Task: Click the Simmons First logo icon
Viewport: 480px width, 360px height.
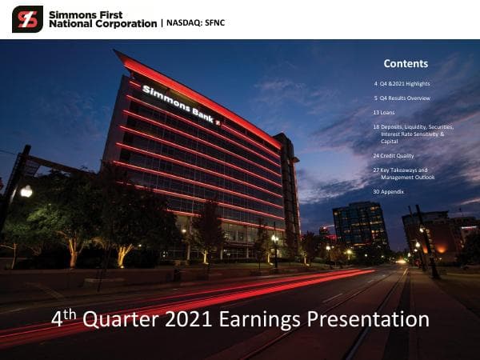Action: (27, 19)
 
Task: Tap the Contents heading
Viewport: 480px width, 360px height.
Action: (406, 64)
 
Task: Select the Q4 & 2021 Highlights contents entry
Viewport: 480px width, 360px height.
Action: (406, 83)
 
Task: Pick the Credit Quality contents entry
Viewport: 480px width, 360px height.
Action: (398, 156)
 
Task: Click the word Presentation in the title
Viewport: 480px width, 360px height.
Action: (374, 320)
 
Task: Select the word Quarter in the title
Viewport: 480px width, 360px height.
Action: (122, 320)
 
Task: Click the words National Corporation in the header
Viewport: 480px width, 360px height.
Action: (102, 24)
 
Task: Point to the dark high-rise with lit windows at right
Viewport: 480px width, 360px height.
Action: (360, 224)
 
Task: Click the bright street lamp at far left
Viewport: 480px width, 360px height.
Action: (26, 191)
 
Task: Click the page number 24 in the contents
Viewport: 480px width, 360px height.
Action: (376, 156)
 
